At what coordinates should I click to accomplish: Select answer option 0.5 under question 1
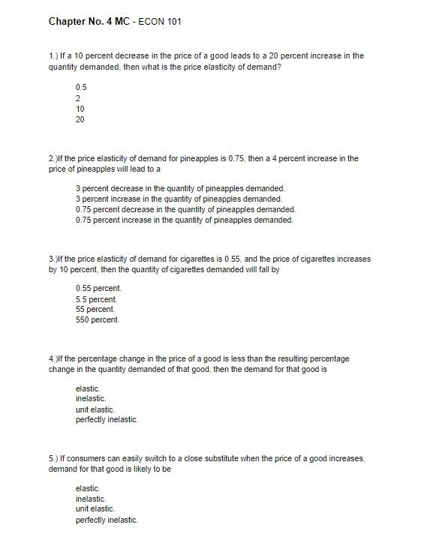click(81, 87)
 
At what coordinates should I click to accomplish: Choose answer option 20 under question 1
click(80, 119)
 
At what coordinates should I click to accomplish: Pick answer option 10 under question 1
click(80, 109)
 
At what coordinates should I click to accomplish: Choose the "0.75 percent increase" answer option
click(184, 220)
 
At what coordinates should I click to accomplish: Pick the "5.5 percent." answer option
click(97, 299)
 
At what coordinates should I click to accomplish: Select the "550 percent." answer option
click(98, 319)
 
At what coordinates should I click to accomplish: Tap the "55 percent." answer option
click(95, 309)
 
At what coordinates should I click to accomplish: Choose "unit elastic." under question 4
click(95, 409)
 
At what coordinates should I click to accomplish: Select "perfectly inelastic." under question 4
click(107, 420)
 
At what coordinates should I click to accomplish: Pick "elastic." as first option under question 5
click(88, 488)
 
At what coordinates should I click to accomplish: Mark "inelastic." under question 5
click(91, 499)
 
